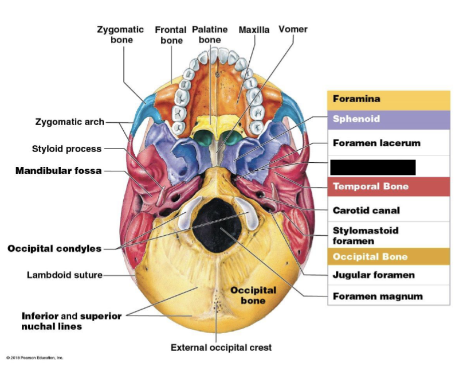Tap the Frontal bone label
pos(171,35)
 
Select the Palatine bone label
pos(210,34)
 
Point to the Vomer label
pos(293,29)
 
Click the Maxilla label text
pos(254,30)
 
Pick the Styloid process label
pos(66,149)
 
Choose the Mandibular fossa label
pos(58,170)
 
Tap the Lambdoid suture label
pos(64,275)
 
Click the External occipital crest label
pos(221,347)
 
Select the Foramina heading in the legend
pos(356,99)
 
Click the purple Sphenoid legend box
pos(388,119)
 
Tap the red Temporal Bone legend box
pos(388,186)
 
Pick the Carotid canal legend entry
pos(366,210)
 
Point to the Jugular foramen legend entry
pos(374,275)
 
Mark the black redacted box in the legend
pos(372,167)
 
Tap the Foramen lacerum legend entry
pos(376,143)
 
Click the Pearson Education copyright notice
pos(35,358)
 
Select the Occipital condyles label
pos(54,248)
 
